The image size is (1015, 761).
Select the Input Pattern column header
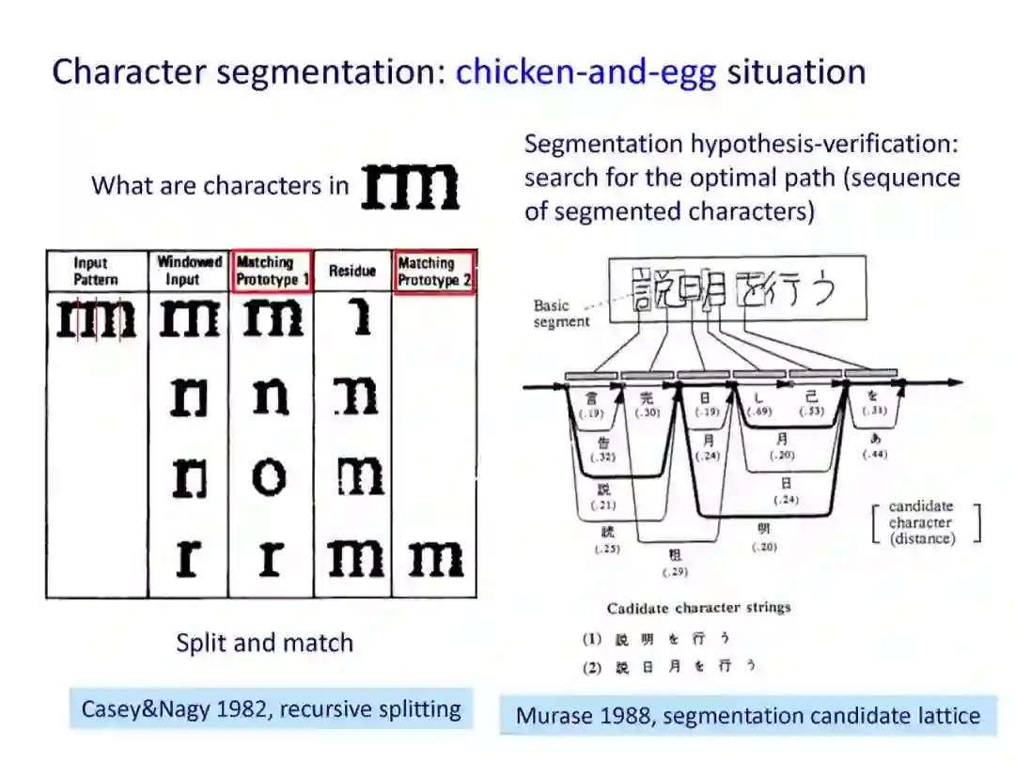[96, 272]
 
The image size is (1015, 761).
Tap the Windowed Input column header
[189, 271]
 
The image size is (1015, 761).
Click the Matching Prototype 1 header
[272, 271]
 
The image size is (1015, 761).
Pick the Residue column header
[352, 272]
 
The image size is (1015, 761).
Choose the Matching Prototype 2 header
[434, 272]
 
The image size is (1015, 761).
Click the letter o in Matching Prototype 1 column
[270, 477]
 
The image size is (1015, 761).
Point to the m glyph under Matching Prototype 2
[435, 559]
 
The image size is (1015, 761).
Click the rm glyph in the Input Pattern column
[97, 319]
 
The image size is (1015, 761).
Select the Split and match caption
[265, 643]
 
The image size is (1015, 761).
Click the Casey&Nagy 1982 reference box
[271, 708]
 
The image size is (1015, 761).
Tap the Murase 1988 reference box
[748, 716]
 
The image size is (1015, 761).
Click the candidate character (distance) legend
[921, 522]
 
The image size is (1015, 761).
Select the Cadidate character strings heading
[698, 608]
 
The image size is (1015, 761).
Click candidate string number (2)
[592, 665]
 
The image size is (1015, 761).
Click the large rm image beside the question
[411, 186]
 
